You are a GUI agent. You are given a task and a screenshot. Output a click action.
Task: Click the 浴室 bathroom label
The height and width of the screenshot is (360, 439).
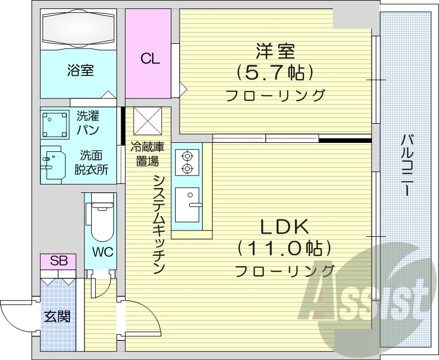pos(80,71)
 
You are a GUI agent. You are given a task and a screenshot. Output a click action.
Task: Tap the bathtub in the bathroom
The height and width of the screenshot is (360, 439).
pos(79,29)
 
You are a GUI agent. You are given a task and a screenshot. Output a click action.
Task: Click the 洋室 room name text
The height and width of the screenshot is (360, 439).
pos(275,51)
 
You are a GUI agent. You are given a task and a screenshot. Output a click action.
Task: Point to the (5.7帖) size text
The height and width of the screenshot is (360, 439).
pos(275,72)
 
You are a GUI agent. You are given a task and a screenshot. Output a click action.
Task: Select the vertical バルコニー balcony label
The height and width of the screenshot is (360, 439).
pos(405,164)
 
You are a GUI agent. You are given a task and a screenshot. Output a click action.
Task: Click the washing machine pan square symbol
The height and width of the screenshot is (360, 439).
pos(55,124)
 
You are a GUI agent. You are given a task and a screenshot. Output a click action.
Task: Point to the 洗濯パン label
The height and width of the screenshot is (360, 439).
pos(88,123)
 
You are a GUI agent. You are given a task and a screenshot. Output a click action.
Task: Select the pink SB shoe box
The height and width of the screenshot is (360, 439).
pos(59,261)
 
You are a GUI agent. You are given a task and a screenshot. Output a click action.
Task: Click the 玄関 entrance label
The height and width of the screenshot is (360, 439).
pos(58,316)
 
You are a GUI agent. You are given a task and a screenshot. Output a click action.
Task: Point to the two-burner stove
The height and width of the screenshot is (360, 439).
pos(186,161)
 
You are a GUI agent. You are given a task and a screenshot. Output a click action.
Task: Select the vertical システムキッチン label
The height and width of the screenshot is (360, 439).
pos(159,223)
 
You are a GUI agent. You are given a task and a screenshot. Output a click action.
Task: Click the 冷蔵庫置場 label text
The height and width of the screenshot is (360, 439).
pos(147,154)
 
